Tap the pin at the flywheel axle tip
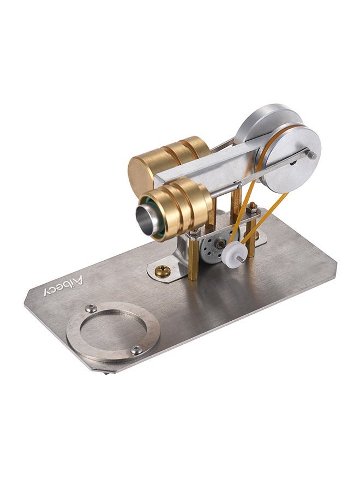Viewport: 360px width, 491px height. tap(311, 154)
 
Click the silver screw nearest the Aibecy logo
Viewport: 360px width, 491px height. tap(91, 309)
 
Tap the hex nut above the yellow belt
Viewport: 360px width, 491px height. tap(251, 208)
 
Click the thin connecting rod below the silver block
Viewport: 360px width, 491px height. tap(235, 186)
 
